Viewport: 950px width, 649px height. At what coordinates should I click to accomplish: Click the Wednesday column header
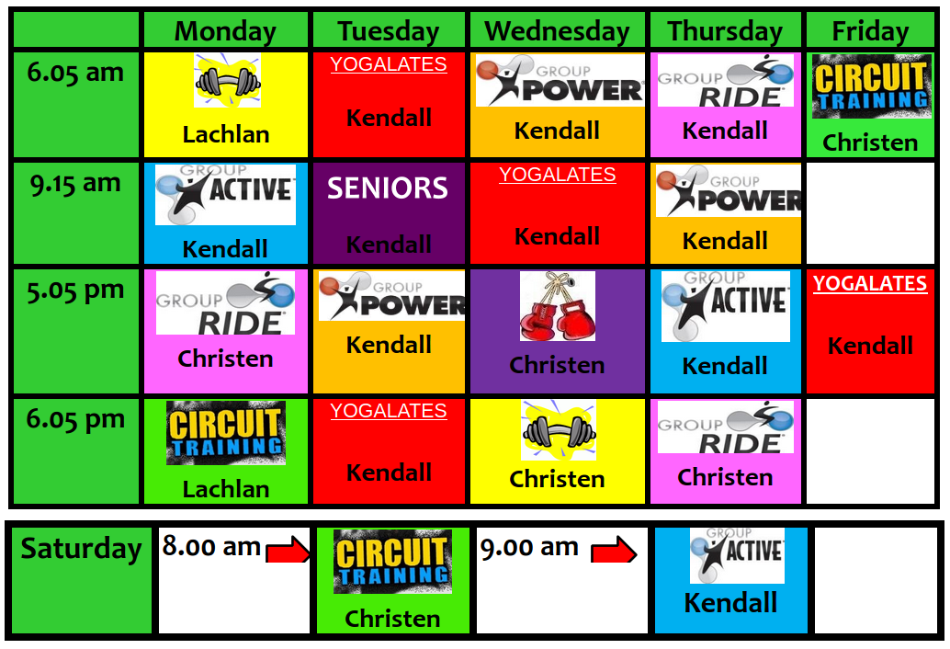[x=557, y=31]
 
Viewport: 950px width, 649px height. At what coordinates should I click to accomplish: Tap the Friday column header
[x=870, y=31]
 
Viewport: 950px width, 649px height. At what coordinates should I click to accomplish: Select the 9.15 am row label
[x=75, y=183]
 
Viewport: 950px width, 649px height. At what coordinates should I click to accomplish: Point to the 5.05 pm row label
[x=75, y=290]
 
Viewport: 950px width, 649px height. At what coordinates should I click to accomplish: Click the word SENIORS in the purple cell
[x=388, y=188]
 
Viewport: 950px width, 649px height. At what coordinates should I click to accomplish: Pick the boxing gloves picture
[x=558, y=306]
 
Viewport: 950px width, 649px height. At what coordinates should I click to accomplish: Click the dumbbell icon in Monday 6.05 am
[x=227, y=80]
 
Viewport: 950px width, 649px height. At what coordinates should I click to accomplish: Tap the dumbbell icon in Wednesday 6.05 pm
[x=559, y=429]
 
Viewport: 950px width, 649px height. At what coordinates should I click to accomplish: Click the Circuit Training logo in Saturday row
[x=392, y=561]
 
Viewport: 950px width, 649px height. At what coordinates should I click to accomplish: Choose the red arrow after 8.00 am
[x=288, y=549]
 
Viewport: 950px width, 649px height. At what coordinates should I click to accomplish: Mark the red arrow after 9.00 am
[x=614, y=549]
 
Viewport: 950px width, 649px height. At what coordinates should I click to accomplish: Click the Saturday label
[x=81, y=549]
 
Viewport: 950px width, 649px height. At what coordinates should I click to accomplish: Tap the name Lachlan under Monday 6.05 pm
[x=226, y=489]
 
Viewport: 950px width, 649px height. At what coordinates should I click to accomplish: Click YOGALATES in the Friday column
[x=870, y=284]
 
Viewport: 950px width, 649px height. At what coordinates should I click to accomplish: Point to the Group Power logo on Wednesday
[x=560, y=81]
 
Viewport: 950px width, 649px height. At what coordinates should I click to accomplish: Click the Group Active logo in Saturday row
[x=738, y=555]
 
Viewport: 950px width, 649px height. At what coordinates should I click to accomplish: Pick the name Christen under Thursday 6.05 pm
[x=725, y=477]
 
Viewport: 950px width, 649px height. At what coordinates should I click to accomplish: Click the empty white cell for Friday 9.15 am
[x=870, y=212]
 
